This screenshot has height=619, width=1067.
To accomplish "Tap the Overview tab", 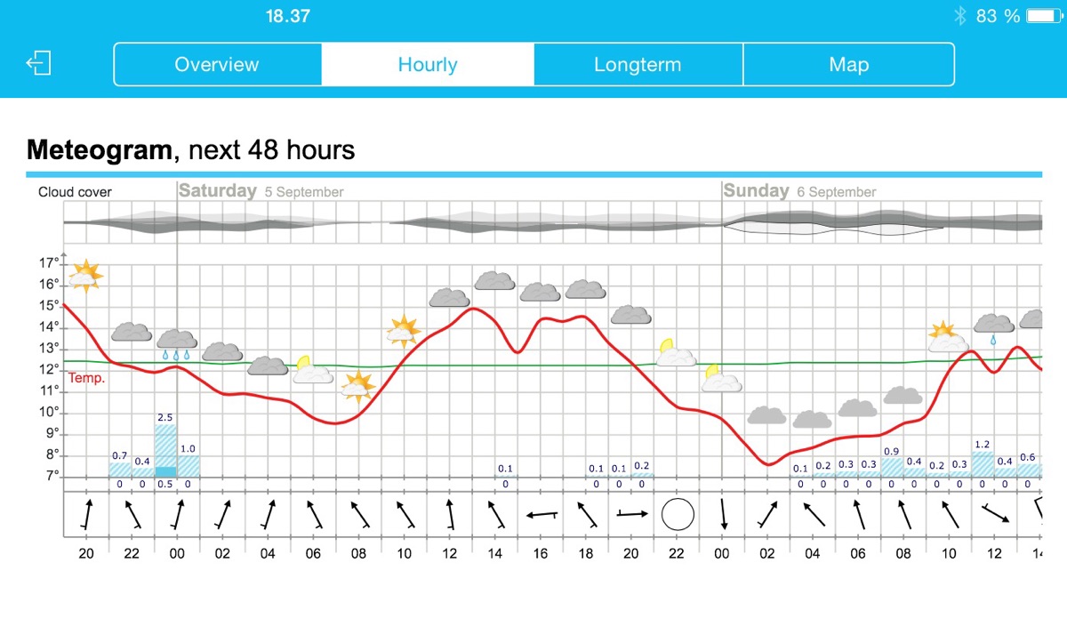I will click(217, 65).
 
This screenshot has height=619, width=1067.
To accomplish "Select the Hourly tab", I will click(428, 65).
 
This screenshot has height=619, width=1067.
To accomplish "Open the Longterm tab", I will click(638, 65).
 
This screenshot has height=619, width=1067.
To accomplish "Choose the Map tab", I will click(848, 65).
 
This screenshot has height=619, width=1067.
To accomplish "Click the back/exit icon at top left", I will click(38, 63).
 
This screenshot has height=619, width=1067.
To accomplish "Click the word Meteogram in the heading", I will click(99, 149).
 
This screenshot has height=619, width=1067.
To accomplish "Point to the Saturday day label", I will click(218, 190).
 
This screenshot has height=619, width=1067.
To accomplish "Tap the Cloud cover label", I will click(75, 192).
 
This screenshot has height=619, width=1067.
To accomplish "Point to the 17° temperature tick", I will click(49, 263).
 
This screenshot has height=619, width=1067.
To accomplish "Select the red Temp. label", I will click(88, 378).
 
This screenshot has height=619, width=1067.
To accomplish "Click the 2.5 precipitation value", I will click(165, 417).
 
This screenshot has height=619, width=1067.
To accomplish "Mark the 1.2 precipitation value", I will click(983, 444).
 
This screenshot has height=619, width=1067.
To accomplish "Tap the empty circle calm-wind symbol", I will click(677, 514).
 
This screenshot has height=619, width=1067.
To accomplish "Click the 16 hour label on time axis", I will click(540, 553).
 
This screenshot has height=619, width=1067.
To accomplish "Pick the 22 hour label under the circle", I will click(677, 553).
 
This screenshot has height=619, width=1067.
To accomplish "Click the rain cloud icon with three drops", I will click(177, 343).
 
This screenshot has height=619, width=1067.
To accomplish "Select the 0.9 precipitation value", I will click(892, 451).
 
